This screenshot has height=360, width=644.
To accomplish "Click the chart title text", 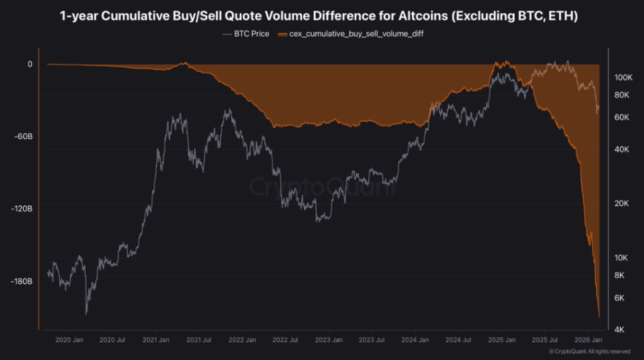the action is [x=319, y=16].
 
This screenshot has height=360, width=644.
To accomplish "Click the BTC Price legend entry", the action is [x=246, y=34].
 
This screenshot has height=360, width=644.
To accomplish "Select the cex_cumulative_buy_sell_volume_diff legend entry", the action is [x=350, y=34].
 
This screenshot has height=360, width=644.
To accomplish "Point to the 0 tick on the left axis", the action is [x=30, y=64].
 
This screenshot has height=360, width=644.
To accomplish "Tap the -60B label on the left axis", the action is [x=23, y=136].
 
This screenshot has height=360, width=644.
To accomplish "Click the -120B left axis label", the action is [x=22, y=209].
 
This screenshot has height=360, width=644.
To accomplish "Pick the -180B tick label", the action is [x=22, y=281].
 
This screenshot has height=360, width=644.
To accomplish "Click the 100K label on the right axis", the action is [x=623, y=77].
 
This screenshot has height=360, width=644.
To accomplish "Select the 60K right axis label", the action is [x=622, y=118].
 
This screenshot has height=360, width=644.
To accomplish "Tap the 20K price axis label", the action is [x=622, y=203].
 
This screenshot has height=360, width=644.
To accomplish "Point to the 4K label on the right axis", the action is [x=619, y=329].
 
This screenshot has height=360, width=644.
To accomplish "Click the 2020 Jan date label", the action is [x=69, y=340].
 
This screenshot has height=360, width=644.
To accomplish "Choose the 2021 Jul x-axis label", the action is [x=198, y=340].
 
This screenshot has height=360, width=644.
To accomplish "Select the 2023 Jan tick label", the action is [x=329, y=340].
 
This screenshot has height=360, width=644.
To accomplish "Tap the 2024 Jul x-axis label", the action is [x=458, y=340].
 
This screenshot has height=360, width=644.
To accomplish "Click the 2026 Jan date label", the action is [x=588, y=340].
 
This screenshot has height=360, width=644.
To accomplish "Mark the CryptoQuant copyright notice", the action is [x=589, y=352].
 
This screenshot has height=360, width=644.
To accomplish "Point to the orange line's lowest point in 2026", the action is [x=599, y=318].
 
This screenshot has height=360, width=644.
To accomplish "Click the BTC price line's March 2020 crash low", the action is [x=86, y=314].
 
